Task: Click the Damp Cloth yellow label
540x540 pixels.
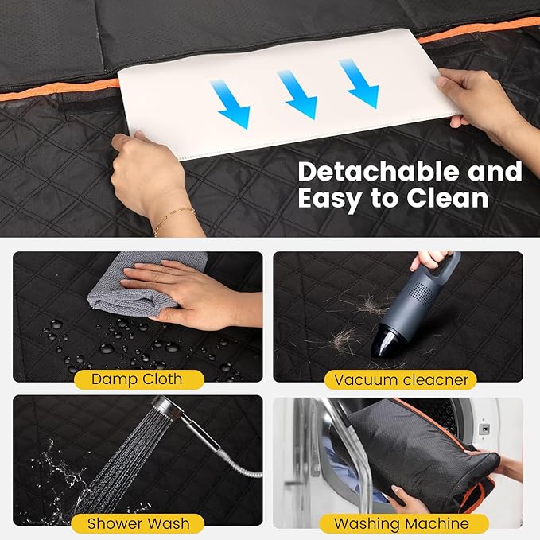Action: point(137,379)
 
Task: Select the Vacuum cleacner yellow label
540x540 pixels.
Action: point(401,379)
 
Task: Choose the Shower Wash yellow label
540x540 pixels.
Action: point(137,523)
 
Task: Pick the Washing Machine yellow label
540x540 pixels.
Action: point(401,523)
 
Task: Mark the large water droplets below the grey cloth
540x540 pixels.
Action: point(119,334)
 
